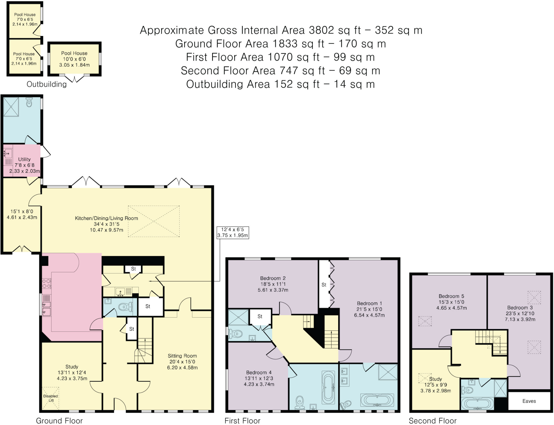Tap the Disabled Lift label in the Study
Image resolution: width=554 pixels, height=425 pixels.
[x=51, y=398]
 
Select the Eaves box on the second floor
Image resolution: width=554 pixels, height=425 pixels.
[x=529, y=401]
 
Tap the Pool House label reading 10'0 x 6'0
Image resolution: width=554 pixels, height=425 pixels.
[x=74, y=59]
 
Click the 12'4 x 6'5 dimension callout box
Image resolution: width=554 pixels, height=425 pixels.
[x=233, y=233]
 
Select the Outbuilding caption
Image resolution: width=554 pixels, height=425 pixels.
[x=47, y=84]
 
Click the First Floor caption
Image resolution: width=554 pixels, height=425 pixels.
[x=242, y=421]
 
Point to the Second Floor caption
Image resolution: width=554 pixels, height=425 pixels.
[x=433, y=421]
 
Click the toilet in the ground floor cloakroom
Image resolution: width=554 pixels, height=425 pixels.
[x=125, y=307]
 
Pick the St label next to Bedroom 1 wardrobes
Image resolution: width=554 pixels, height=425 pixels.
[x=324, y=285]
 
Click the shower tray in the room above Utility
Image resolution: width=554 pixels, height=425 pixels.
[x=11, y=107]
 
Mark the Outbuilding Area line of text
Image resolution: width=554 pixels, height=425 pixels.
[x=281, y=84]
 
